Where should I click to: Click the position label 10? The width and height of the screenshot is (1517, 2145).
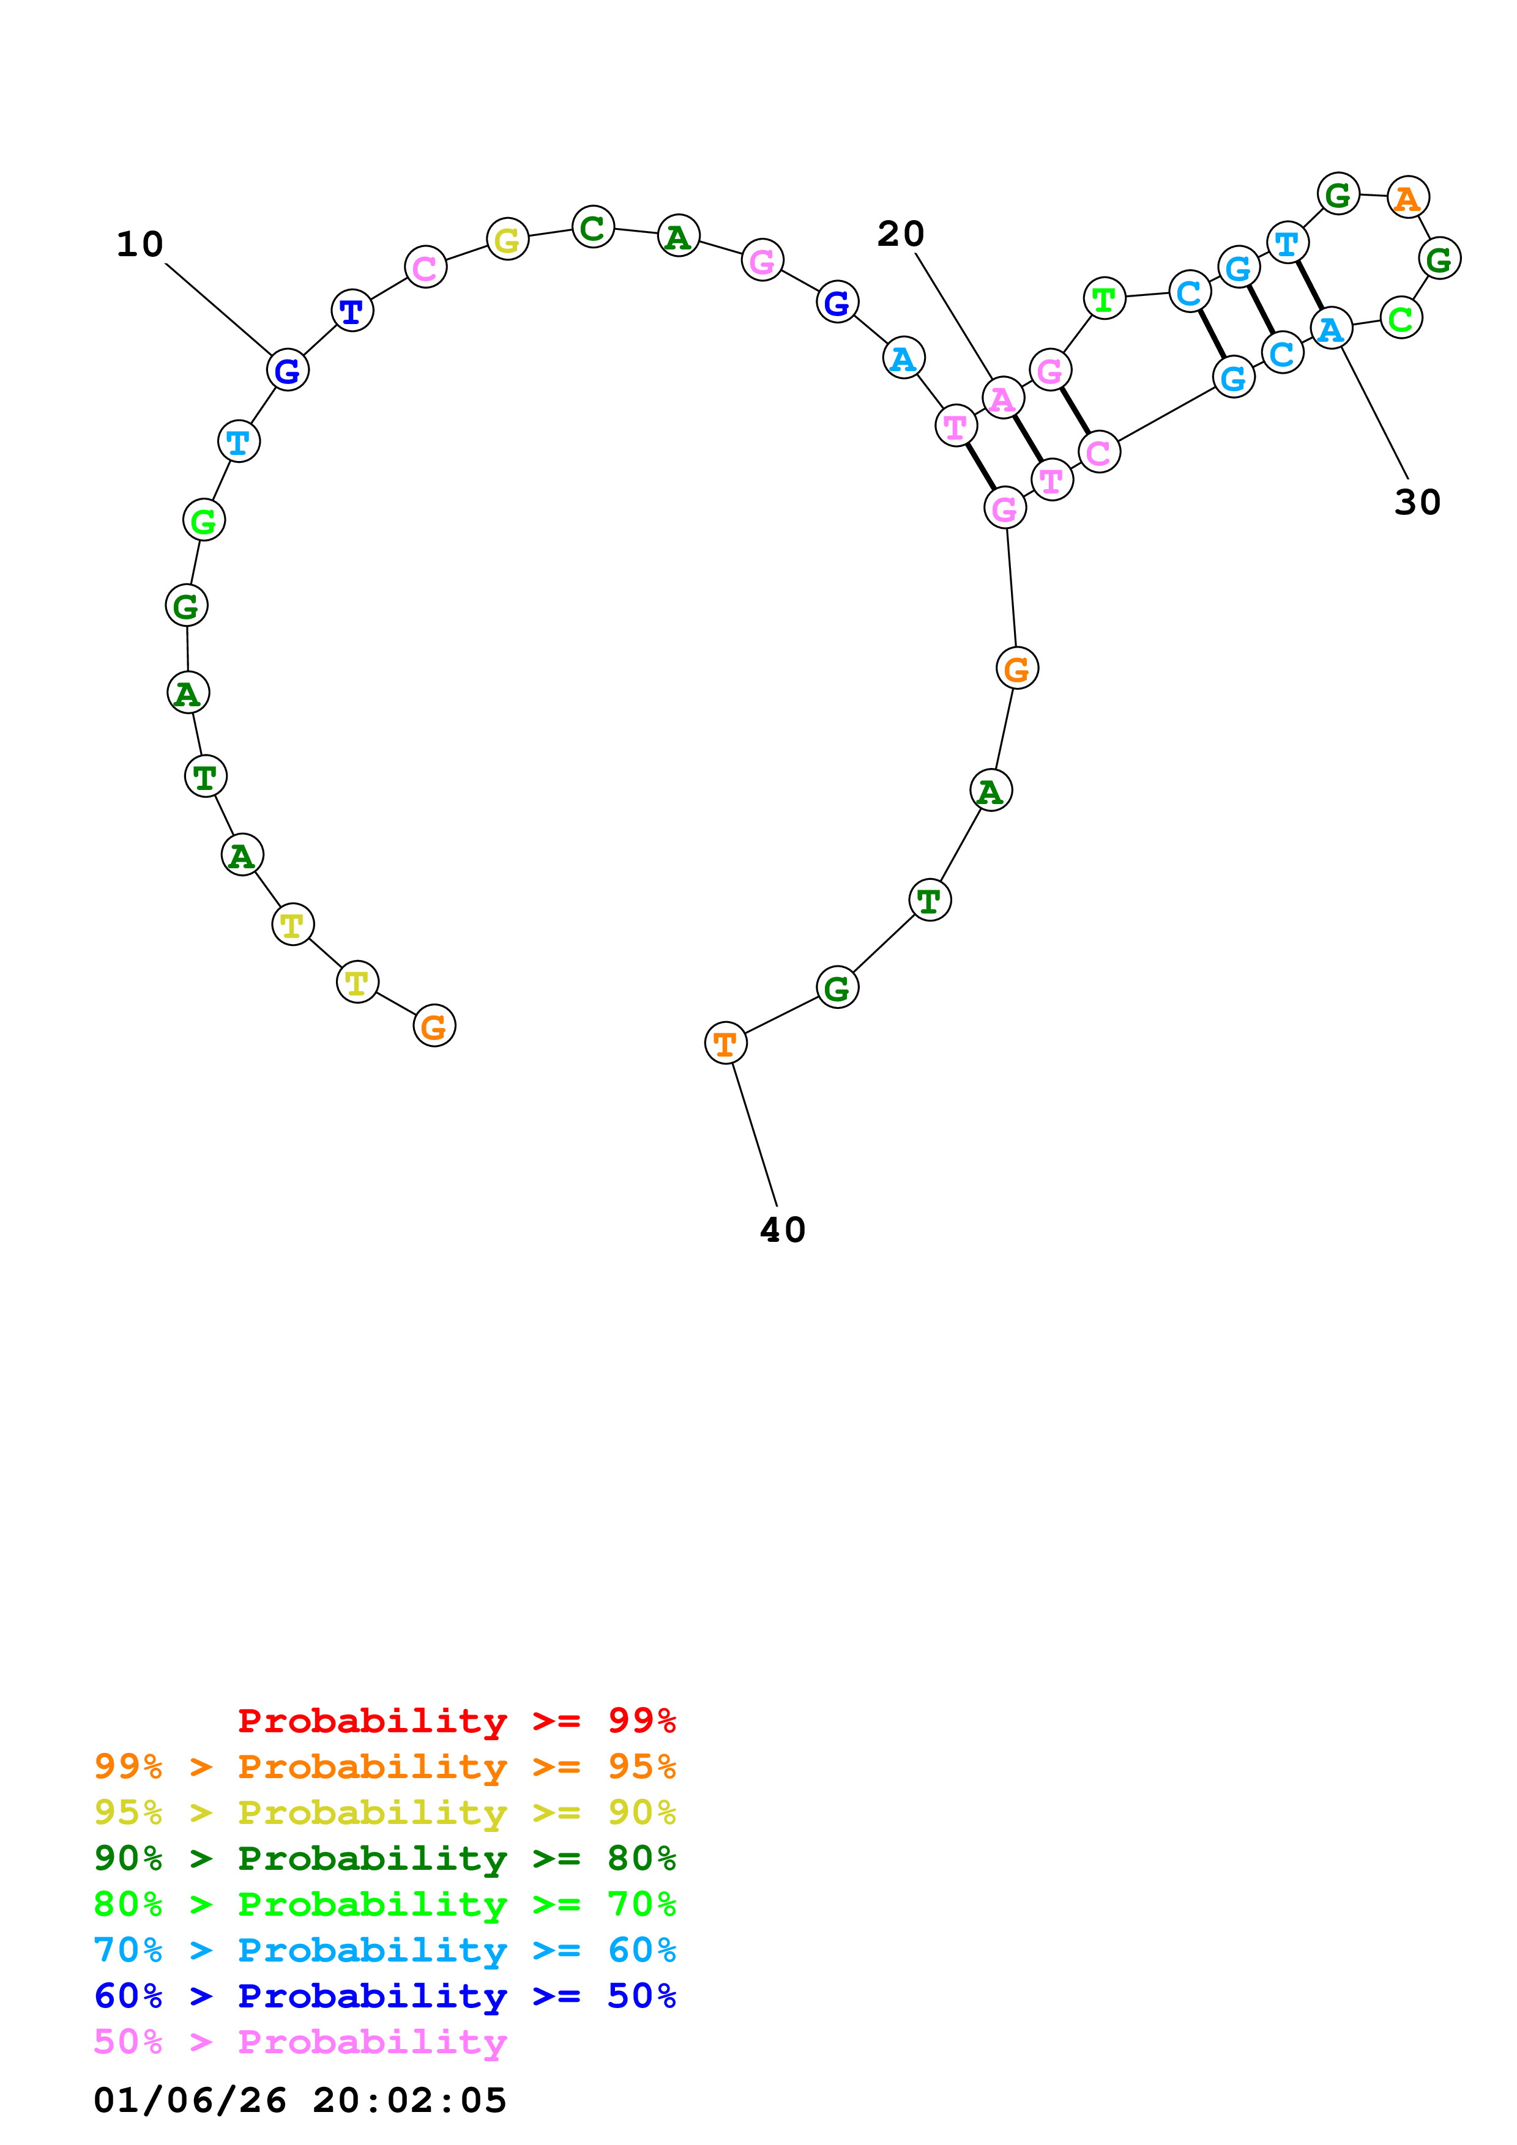pyautogui.click(x=140, y=245)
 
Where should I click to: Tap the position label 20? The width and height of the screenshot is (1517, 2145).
pyautogui.click(x=900, y=234)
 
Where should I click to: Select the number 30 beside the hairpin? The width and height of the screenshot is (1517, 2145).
pyautogui.click(x=1417, y=503)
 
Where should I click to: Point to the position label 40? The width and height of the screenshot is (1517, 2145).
pyautogui.click(x=782, y=1230)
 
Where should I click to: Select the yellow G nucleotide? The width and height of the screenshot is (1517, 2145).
pyautogui.click(x=507, y=239)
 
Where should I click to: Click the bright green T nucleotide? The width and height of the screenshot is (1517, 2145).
pyautogui.click(x=1104, y=299)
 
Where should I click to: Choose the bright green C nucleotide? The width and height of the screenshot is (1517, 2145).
pyautogui.click(x=1400, y=319)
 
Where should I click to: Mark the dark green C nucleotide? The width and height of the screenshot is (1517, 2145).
pyautogui.click(x=592, y=227)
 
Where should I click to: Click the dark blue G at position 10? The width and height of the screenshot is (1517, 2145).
pyautogui.click(x=287, y=370)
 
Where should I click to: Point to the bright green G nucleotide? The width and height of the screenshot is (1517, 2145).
pyautogui.click(x=204, y=520)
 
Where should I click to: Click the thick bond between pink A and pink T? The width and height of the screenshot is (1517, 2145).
pyautogui.click(x=1026, y=439)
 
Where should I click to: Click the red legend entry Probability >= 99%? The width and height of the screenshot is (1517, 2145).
pyautogui.click(x=456, y=1721)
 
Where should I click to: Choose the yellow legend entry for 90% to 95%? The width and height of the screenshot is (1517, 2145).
pyautogui.click(x=384, y=1812)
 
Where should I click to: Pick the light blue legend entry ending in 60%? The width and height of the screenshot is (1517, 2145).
pyautogui.click(x=384, y=1950)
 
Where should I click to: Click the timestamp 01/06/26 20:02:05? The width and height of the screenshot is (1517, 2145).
pyautogui.click(x=300, y=2100)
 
